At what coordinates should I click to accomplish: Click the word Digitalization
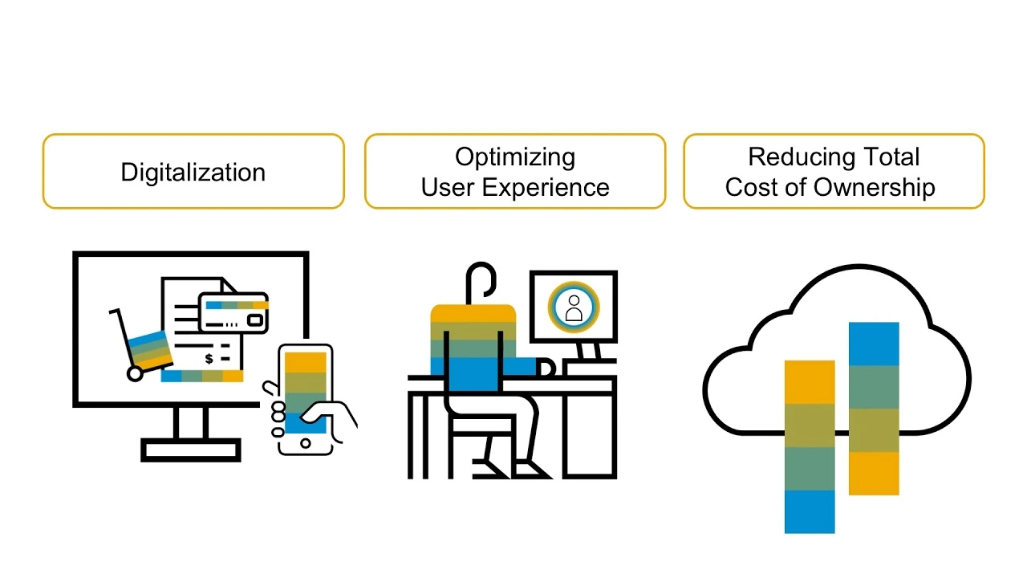pos(193,173)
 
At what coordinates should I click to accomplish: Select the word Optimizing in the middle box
pos(514,157)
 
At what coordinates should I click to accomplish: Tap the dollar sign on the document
pos(209,359)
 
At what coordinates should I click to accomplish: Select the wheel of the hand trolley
pos(135,373)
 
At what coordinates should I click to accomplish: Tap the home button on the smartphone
pos(305,443)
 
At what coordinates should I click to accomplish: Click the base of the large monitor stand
pos(191,450)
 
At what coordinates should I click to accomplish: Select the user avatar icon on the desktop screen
pos(574,306)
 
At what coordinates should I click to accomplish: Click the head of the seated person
pos(481,279)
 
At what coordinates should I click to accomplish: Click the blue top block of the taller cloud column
pos(873,344)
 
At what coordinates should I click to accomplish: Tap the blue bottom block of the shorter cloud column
pos(809,511)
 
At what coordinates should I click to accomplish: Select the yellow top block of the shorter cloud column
pos(809,382)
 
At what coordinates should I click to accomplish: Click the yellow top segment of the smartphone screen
pos(306,362)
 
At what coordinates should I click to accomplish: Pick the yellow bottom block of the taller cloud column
pos(873,473)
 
